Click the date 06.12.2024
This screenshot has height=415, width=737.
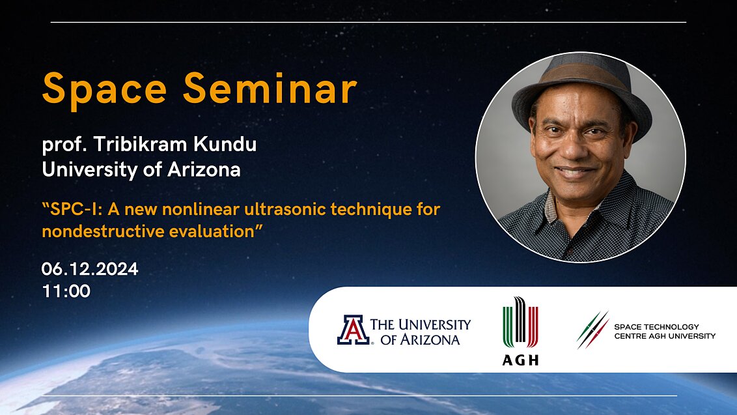(90, 269)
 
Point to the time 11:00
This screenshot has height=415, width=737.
(66, 291)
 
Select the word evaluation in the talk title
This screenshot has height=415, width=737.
(209, 231)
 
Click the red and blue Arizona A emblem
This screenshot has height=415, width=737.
(353, 330)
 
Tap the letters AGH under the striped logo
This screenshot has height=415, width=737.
(520, 360)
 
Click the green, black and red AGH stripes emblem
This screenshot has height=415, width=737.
(520, 323)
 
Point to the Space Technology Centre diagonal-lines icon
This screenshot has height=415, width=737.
(592, 330)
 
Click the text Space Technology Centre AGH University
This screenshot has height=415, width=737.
(664, 331)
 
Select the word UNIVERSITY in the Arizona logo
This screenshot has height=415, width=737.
(434, 324)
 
